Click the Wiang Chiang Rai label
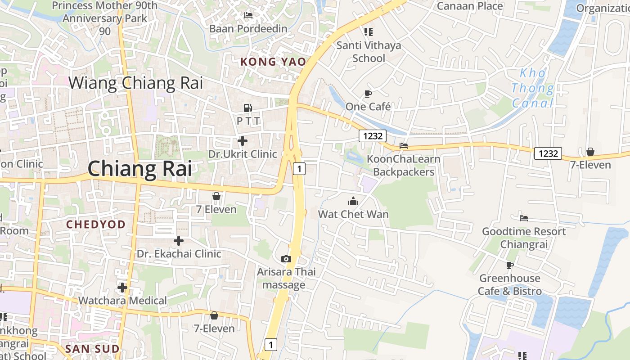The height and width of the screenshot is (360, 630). pyautogui.click(x=135, y=83)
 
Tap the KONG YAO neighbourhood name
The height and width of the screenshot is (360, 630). pyautogui.click(x=273, y=62)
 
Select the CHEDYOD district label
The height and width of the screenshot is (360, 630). pyautogui.click(x=96, y=224)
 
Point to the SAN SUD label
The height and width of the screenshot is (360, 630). pyautogui.click(x=92, y=349)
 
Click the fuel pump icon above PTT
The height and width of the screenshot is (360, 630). pyautogui.click(x=247, y=108)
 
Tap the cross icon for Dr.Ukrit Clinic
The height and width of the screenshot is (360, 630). pyautogui.click(x=243, y=141)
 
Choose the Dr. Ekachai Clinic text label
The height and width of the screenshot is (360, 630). pyautogui.click(x=179, y=254)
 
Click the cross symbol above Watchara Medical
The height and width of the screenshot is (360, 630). pyautogui.click(x=122, y=287)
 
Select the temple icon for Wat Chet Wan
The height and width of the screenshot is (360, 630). pyautogui.click(x=353, y=201)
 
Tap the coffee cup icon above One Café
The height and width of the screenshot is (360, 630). pyautogui.click(x=368, y=94)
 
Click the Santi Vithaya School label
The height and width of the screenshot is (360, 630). pyautogui.click(x=369, y=52)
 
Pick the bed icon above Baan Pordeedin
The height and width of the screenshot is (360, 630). pyautogui.click(x=248, y=15)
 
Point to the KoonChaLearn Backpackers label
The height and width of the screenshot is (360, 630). pyautogui.click(x=404, y=165)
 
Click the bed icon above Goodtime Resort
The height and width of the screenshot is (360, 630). pyautogui.click(x=524, y=218)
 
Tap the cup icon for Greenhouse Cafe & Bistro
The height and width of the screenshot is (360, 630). pyautogui.click(x=509, y=265)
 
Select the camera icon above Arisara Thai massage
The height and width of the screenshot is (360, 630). pyautogui.click(x=286, y=259)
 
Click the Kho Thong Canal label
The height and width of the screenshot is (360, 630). pyautogui.click(x=533, y=88)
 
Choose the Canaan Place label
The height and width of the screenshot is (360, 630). pyautogui.click(x=470, y=6)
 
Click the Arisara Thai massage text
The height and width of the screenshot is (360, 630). pyautogui.click(x=286, y=278)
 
